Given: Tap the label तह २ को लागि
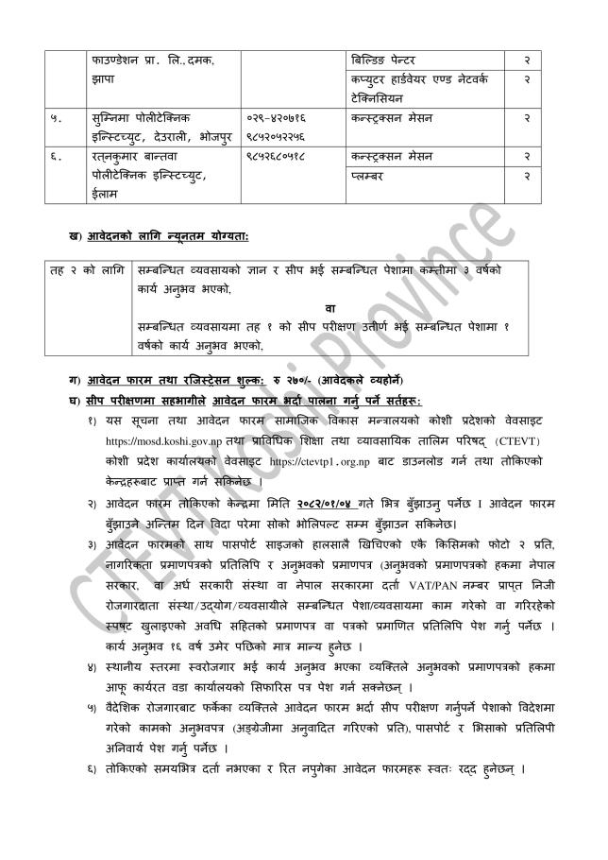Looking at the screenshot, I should (88, 270).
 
